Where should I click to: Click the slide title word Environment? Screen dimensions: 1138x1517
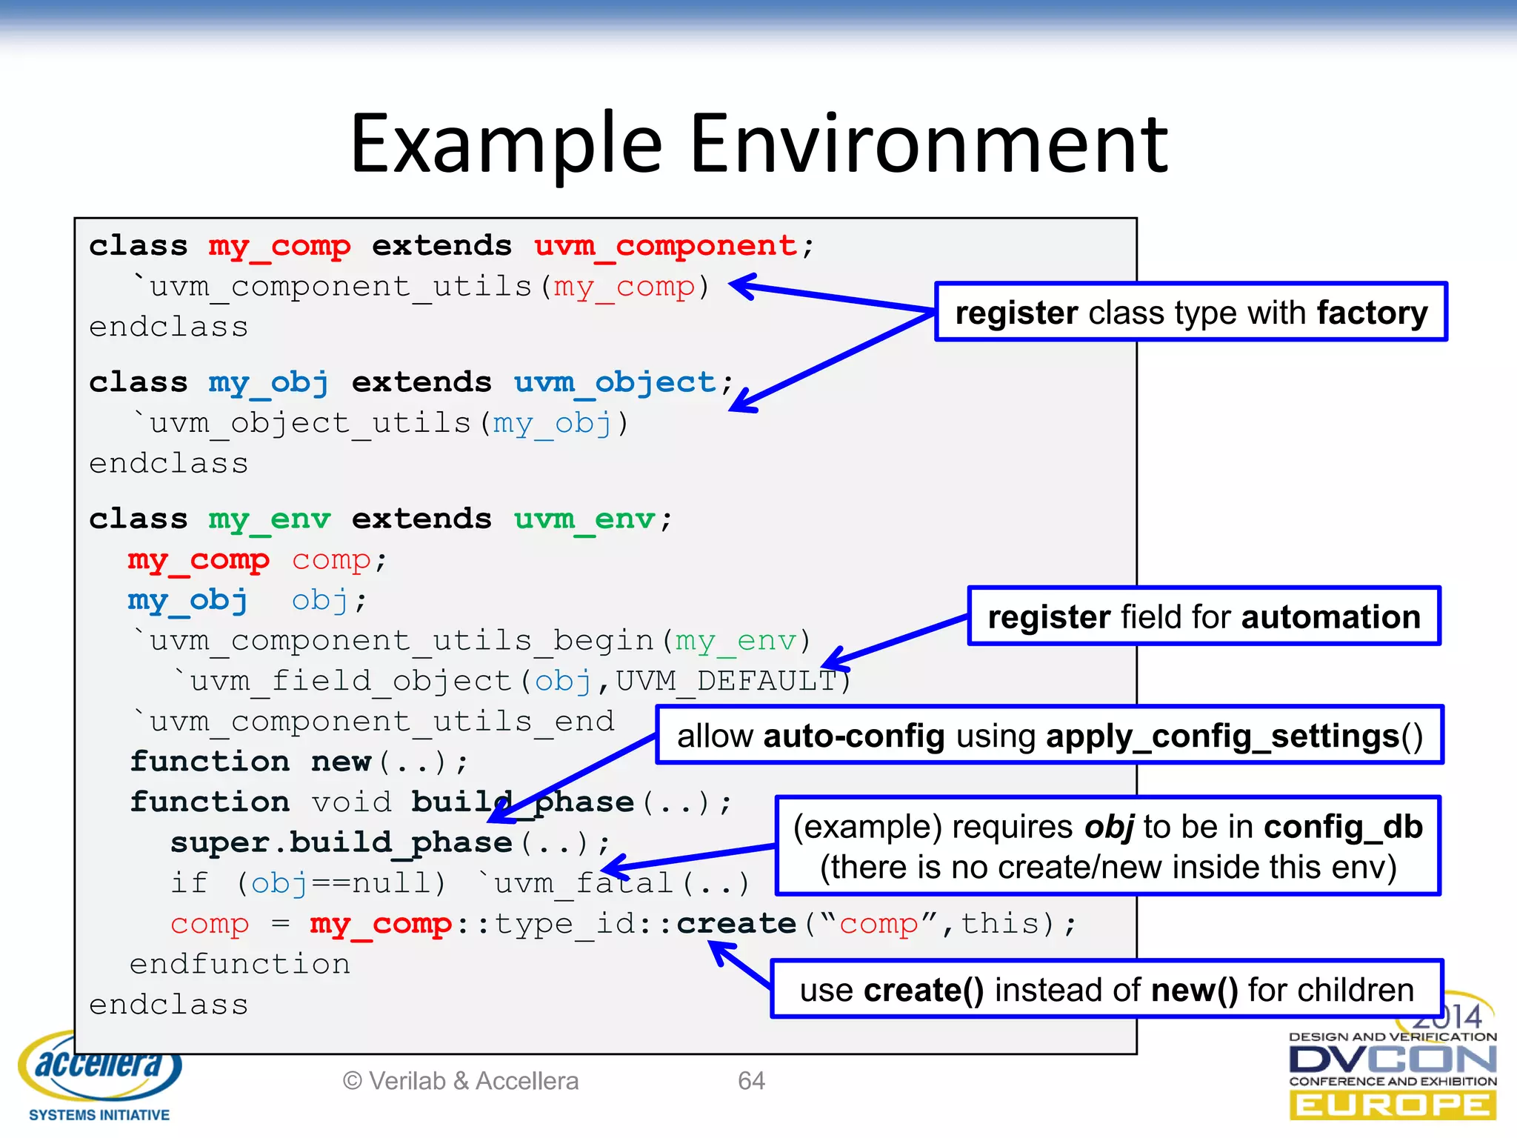click(x=929, y=144)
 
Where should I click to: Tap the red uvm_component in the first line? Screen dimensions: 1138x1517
click(x=665, y=245)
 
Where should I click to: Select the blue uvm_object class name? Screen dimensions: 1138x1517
click(x=615, y=382)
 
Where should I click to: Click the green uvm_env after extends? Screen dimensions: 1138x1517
click(x=584, y=519)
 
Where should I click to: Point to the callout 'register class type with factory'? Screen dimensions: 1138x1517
click(x=1190, y=312)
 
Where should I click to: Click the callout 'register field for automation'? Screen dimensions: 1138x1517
click(x=1204, y=616)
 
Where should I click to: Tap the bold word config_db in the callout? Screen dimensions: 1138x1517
click(x=1343, y=826)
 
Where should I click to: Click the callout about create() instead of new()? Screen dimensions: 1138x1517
click(x=1107, y=990)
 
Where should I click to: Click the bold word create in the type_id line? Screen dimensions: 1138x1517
click(x=736, y=924)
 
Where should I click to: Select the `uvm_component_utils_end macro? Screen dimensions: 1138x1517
click(x=374, y=721)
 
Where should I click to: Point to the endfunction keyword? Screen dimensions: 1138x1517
click(x=239, y=964)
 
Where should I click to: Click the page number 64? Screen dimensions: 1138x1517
click(x=750, y=1081)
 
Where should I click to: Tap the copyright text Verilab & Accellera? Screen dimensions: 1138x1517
click(x=461, y=1081)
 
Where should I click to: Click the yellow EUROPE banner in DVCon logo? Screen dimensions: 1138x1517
click(x=1393, y=1105)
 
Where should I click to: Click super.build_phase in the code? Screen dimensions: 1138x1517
click(x=341, y=842)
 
